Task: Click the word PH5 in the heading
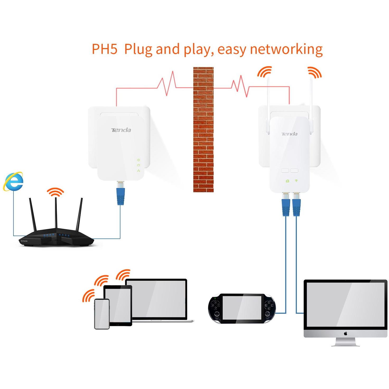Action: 105,49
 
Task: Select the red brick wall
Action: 203,129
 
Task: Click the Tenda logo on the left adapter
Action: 121,130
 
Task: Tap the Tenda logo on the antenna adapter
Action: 289,134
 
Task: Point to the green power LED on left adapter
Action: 138,160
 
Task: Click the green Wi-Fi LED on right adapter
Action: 296,181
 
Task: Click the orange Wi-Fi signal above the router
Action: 55,192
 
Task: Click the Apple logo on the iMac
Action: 345,334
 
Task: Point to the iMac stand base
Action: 345,344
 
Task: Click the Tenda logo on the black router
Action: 24,241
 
